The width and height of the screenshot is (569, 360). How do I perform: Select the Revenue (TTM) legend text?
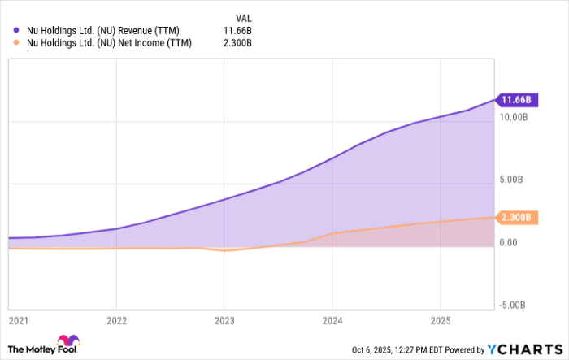(103, 31)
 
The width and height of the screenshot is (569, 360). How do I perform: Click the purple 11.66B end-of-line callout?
(516, 100)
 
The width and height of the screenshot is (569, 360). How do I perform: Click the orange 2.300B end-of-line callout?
(516, 218)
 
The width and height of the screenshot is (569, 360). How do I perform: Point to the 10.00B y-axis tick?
(517, 118)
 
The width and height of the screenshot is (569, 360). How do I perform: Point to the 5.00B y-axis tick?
(517, 180)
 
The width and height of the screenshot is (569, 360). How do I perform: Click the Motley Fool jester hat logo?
(67, 341)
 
